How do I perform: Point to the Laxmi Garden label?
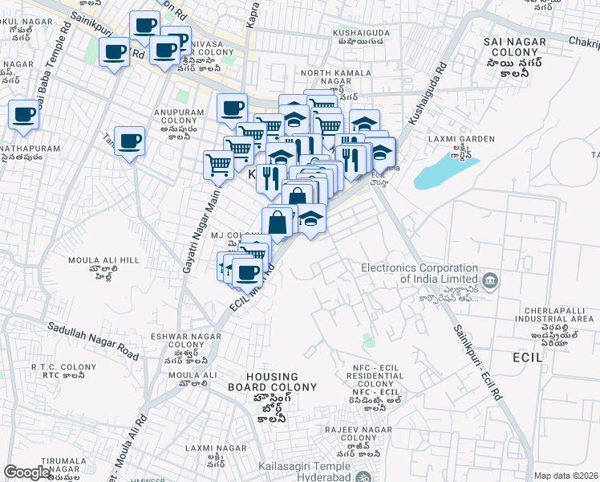(x=461, y=138)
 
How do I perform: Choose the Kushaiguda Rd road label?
(x=426, y=95)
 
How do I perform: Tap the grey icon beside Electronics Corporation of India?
(x=491, y=281)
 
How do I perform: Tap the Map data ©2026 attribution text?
(x=566, y=476)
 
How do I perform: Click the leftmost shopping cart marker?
(x=218, y=165)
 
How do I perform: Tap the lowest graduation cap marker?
(x=311, y=218)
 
